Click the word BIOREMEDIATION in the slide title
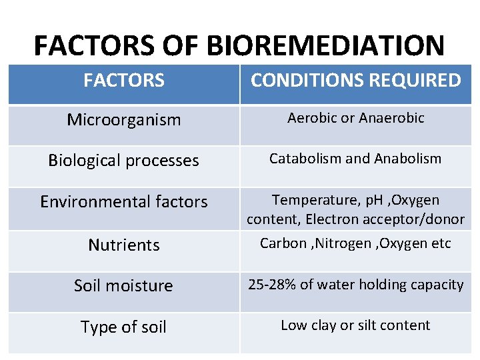[x=325, y=46]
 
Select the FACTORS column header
[x=124, y=81]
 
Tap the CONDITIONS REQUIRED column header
[x=355, y=81]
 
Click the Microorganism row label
[x=124, y=120]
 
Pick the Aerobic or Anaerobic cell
[x=355, y=118]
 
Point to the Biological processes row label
[x=124, y=161]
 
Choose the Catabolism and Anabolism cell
[x=355, y=159]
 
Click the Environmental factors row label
[x=124, y=201]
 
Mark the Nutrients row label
[x=124, y=245]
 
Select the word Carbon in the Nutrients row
[x=283, y=243]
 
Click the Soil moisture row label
[x=124, y=285]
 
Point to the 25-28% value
[x=272, y=285]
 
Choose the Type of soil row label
[x=124, y=327]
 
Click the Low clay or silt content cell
[x=355, y=325]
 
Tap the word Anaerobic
[x=391, y=118]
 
